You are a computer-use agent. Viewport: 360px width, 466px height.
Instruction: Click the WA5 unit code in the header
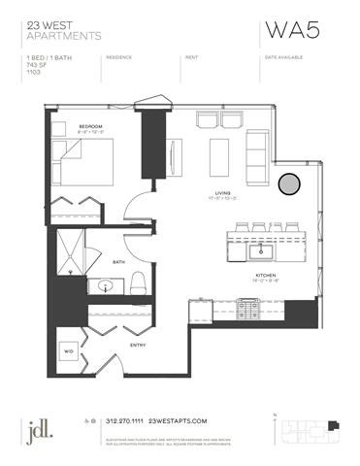click(x=287, y=31)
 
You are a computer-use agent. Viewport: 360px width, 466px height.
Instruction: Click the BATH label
click(x=118, y=261)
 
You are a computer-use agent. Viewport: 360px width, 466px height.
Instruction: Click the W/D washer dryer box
click(x=69, y=351)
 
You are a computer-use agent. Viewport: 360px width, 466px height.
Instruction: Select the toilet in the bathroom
click(x=137, y=283)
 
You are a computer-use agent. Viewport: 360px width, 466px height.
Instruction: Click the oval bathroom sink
click(x=106, y=287)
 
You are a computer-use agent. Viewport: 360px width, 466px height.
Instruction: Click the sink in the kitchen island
click(x=261, y=250)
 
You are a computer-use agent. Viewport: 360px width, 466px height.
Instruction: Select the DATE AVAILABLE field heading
click(x=282, y=58)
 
